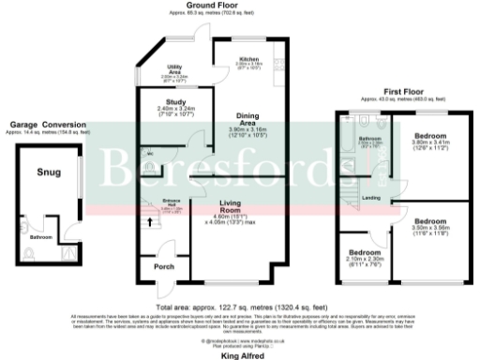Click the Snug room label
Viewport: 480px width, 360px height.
coord(49,172)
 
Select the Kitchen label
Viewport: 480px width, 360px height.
coord(222,59)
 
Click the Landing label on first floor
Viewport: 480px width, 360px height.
coord(371,198)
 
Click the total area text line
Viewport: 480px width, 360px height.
coord(242,307)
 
